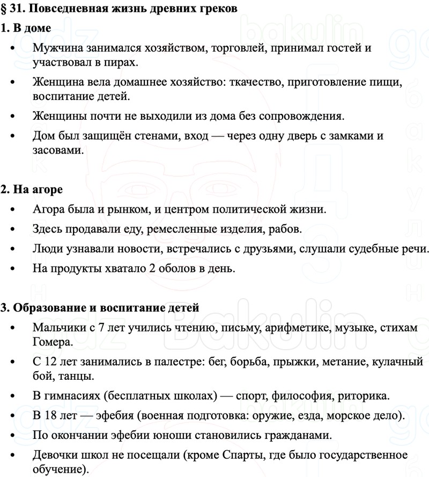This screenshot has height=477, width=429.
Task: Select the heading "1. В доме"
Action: [26, 28]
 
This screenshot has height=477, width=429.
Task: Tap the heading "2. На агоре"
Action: [32, 189]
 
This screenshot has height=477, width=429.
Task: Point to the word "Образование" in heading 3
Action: [46, 308]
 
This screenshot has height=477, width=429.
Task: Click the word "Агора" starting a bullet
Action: [49, 209]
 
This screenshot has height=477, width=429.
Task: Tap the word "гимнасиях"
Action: [70, 396]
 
